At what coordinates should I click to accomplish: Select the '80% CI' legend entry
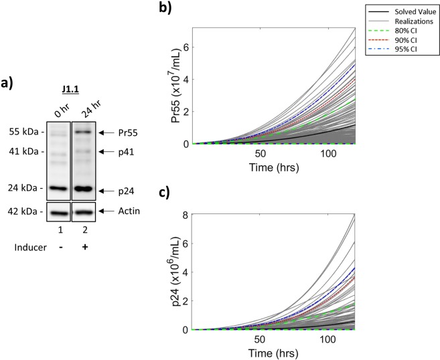[x=401, y=30]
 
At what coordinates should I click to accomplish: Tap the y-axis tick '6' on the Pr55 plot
[x=187, y=47]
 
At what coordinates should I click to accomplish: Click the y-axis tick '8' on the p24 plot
[x=187, y=215]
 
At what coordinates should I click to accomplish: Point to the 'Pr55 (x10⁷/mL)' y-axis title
[x=173, y=86]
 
